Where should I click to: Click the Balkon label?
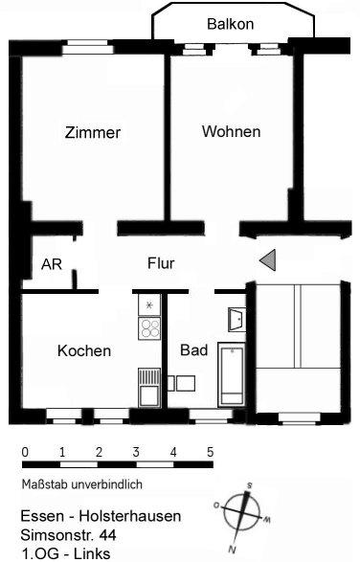[230, 24]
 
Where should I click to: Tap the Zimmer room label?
[93, 133]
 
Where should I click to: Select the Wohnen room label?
[231, 132]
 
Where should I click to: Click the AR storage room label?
[52, 265]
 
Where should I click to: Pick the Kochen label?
[84, 351]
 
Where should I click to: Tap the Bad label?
[194, 350]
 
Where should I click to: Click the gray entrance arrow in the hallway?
[269, 259]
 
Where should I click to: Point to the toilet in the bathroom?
[182, 383]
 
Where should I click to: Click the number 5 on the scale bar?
[210, 451]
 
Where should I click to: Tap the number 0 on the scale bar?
[24, 451]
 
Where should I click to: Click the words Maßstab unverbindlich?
[82, 484]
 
